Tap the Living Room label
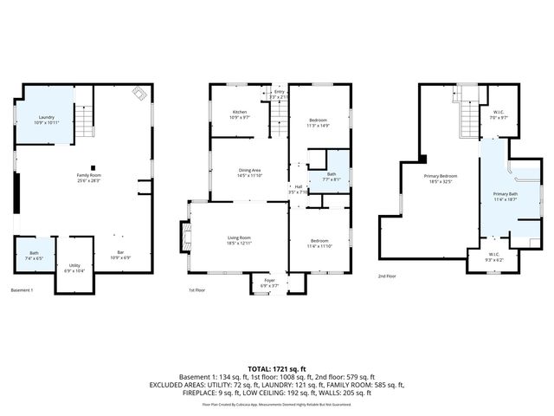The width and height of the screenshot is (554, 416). point(238,240)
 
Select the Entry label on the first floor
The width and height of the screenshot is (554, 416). point(279,94)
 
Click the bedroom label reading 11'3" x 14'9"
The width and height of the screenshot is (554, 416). point(318,122)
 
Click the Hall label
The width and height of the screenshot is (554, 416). point(298,189)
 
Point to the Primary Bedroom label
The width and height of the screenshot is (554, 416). point(440,179)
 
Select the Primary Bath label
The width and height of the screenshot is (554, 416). point(506,197)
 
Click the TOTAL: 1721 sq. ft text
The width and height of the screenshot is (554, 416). point(276,369)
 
